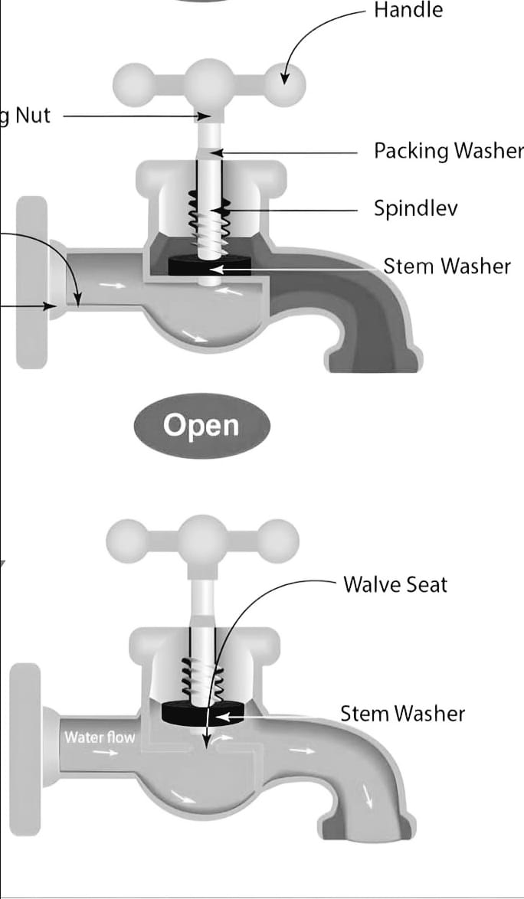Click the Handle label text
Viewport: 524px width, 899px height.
(408, 10)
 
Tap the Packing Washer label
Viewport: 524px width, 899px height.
(448, 151)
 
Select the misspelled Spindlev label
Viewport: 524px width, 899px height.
(416, 208)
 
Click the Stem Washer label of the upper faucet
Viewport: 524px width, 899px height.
(447, 266)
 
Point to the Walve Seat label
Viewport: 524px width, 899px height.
(395, 584)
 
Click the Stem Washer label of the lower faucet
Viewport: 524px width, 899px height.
(402, 714)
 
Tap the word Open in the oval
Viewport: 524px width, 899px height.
(201, 426)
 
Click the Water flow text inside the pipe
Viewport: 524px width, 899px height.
(99, 737)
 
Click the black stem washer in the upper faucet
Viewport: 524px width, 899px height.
(210, 266)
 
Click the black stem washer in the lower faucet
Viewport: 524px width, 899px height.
(203, 713)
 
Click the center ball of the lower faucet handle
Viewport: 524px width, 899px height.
(202, 541)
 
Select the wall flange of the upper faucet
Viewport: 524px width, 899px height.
(31, 282)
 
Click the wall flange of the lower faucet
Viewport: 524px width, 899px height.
(25, 750)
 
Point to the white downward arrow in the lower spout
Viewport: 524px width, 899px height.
(367, 796)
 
